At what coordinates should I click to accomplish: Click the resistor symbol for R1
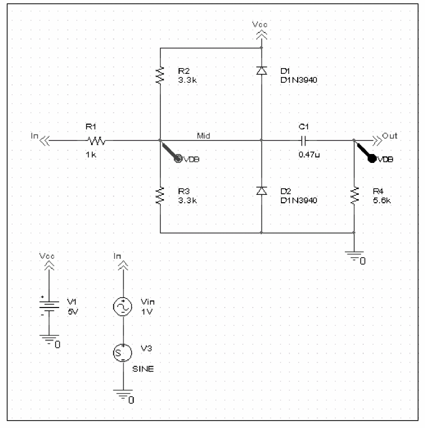click(x=96, y=141)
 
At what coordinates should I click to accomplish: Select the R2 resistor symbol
click(x=160, y=75)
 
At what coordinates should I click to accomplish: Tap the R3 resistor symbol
click(x=160, y=195)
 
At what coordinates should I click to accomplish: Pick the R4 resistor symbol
click(x=354, y=195)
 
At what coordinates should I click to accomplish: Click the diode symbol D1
click(x=261, y=71)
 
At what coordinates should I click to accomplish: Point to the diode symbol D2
click(x=261, y=191)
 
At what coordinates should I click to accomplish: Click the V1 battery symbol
click(x=49, y=306)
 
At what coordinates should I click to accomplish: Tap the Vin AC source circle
click(x=123, y=306)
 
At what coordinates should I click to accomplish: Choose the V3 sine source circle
click(x=123, y=353)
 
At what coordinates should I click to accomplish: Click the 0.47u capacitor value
click(x=309, y=155)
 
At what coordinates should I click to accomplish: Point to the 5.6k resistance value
click(x=382, y=200)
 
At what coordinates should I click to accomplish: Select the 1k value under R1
click(x=91, y=155)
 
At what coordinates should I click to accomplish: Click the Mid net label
click(x=203, y=136)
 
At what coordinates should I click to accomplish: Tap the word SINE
click(x=143, y=369)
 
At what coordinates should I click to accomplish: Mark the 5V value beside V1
click(x=73, y=312)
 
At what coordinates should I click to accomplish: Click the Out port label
click(x=389, y=136)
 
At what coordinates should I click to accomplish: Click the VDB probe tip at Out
click(x=354, y=141)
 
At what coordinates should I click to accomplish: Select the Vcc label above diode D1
click(x=260, y=25)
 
